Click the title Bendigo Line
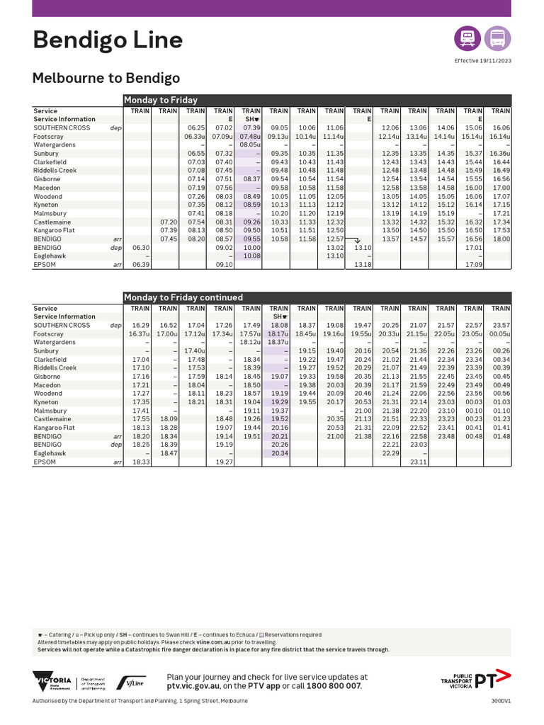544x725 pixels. coord(108,40)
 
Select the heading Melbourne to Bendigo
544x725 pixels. coord(106,78)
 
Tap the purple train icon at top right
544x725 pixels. coord(467,38)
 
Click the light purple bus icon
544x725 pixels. coord(497,38)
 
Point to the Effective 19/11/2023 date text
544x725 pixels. coord(482,62)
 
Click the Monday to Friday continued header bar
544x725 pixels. coord(317,297)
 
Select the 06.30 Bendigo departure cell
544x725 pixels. coord(140,248)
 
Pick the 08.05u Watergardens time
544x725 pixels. coord(251,144)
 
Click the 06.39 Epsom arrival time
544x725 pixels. coord(140,265)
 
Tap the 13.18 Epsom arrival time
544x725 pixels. coord(362,265)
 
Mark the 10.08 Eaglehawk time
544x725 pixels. coord(251,256)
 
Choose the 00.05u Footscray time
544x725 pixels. coord(499,333)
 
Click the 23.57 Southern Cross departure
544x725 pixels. coord(501,325)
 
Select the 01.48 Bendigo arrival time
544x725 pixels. coord(501,436)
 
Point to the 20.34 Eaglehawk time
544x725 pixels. coord(279,453)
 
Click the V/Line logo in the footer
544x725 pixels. coord(131,683)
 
